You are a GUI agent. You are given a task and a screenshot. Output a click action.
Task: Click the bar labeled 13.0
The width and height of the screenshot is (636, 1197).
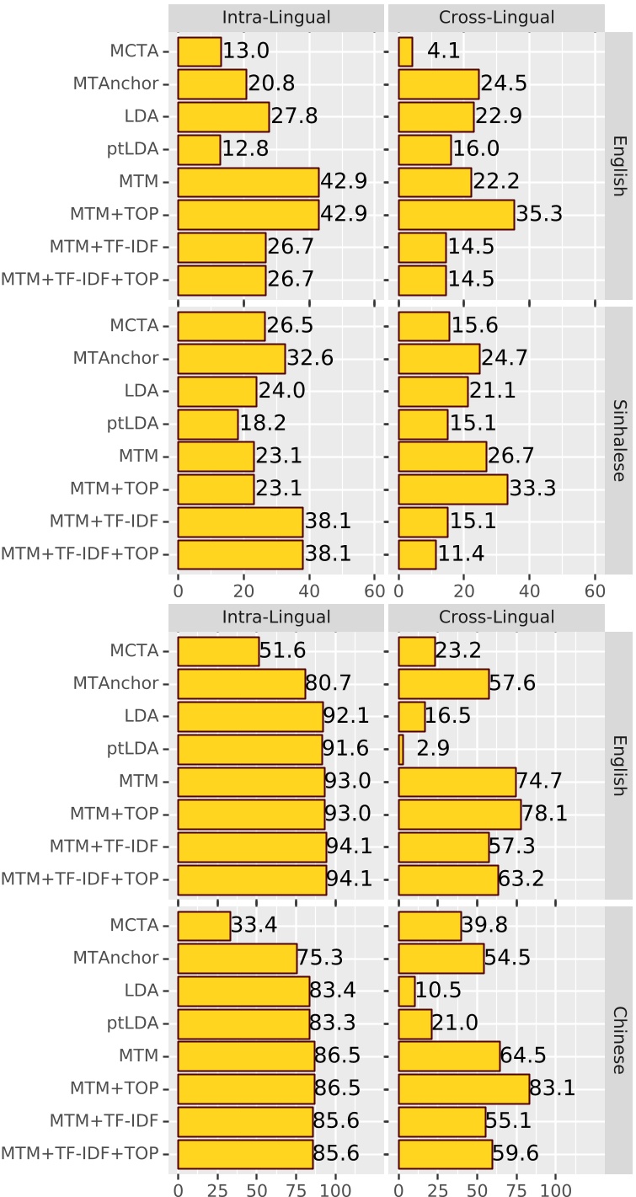pos(200,51)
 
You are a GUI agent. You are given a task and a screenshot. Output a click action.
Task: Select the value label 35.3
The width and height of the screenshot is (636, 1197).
pos(541,215)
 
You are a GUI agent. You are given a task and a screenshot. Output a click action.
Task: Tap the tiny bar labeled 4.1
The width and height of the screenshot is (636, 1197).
pos(405,51)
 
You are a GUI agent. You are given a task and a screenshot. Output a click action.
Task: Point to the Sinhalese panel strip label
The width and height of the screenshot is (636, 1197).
pos(619,439)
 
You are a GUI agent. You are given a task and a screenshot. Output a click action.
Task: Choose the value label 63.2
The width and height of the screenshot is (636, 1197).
pos(521,879)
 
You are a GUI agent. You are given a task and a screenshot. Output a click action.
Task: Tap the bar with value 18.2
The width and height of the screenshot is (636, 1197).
pos(208,424)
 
